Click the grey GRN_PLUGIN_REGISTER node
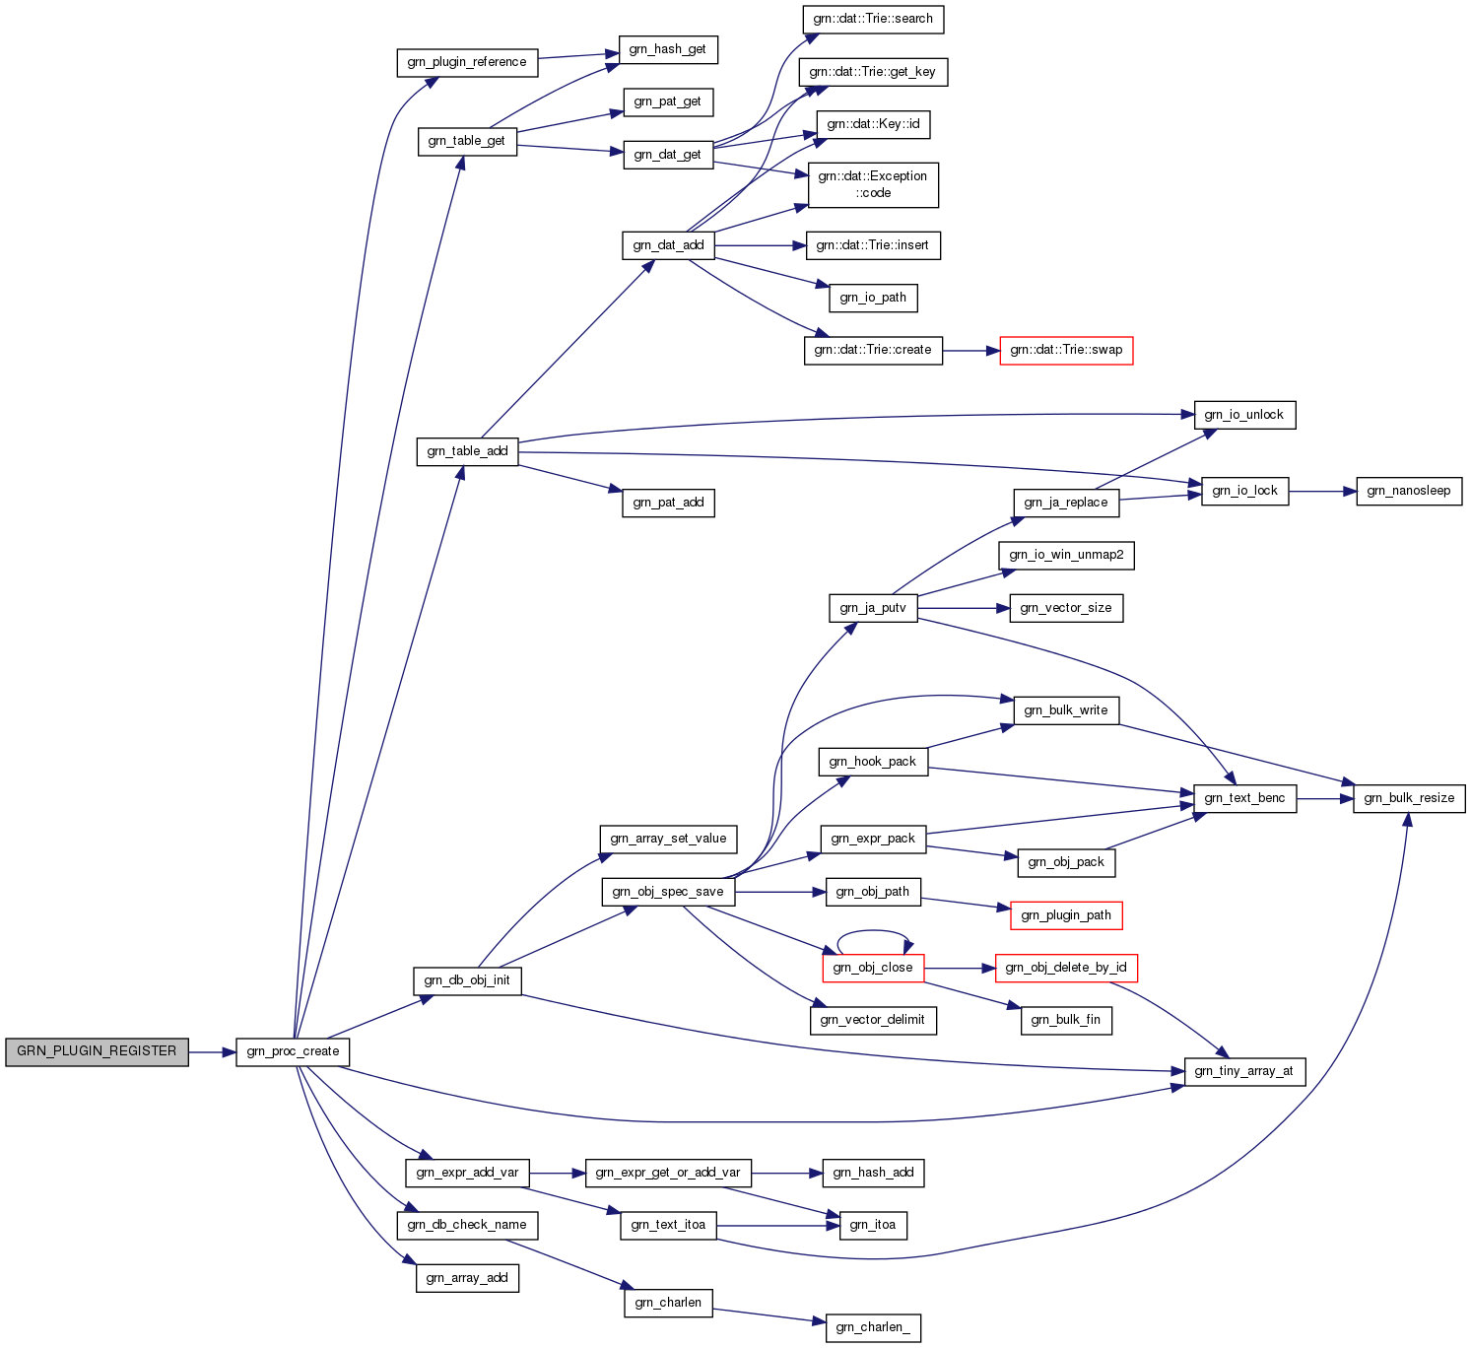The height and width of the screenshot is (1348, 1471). [x=97, y=1051]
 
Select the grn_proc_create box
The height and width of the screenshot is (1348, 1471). [x=293, y=1051]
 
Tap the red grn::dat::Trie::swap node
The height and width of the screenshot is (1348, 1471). [x=1066, y=350]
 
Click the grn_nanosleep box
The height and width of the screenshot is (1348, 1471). [x=1408, y=491]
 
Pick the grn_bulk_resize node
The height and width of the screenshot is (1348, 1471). [x=1409, y=798]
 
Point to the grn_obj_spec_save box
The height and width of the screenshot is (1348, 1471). [x=668, y=892]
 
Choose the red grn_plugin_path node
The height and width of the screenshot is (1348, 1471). [x=1066, y=915]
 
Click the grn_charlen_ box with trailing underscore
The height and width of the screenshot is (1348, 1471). [x=873, y=1327]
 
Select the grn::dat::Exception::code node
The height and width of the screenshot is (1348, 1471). [x=873, y=184]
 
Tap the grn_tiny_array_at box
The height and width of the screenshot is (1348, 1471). [x=1243, y=1071]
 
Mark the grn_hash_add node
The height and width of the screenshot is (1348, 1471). [x=873, y=1173]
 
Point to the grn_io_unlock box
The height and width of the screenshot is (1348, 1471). [x=1243, y=415]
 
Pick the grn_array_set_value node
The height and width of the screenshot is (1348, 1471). [x=668, y=839]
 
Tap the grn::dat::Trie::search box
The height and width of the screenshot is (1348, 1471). [x=873, y=19]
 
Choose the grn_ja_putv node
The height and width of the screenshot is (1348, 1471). [x=873, y=608]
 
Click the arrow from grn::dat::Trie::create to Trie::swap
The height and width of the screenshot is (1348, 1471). [x=970, y=350]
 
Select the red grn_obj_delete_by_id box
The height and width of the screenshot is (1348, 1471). [x=1066, y=968]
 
